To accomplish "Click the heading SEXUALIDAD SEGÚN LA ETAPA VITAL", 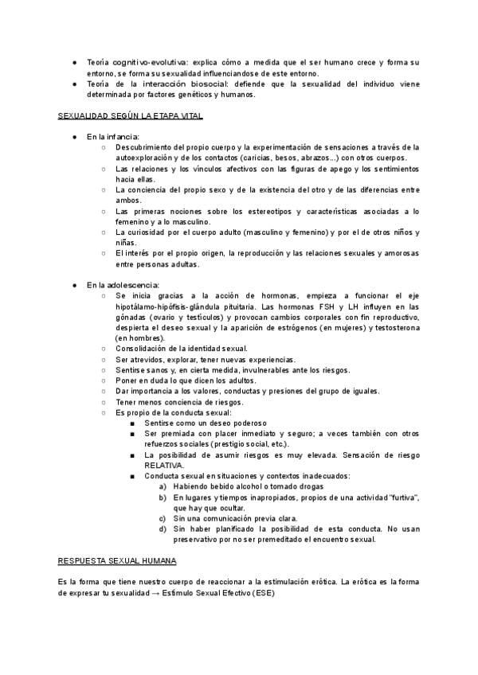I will [131, 116].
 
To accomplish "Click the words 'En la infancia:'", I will [113, 137].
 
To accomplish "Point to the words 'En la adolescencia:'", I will [123, 284].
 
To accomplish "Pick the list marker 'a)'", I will [163, 486].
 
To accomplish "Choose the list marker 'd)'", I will [163, 529].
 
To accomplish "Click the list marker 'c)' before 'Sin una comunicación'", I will [163, 518].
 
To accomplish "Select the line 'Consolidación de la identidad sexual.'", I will [182, 349].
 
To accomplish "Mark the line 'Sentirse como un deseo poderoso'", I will [206, 423].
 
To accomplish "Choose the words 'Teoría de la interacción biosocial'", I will [152, 84].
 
